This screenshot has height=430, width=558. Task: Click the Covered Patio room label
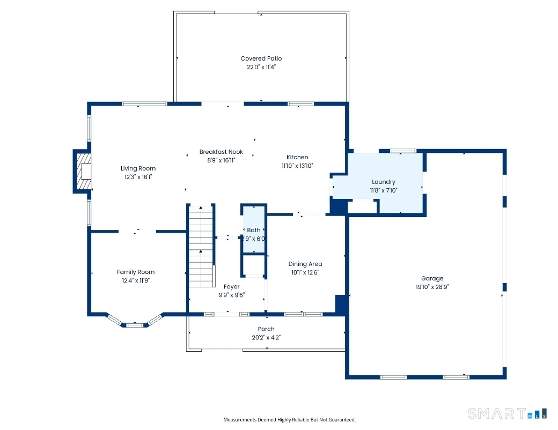tap(261, 58)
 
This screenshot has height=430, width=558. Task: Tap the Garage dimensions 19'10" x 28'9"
tap(432, 287)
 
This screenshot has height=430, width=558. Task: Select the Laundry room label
tap(383, 182)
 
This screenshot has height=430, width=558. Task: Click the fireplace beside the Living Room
tap(82, 172)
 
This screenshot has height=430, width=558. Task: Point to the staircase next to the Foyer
tap(201, 239)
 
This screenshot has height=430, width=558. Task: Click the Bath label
tap(254, 230)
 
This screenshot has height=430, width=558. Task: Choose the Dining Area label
tap(305, 264)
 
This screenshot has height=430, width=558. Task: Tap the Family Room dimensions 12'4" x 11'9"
tap(136, 280)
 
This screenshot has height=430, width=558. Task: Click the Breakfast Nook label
tap(221, 152)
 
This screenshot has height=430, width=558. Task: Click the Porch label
tap(266, 329)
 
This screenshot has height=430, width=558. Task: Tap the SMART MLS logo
tap(507, 413)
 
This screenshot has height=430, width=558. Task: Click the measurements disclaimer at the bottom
tap(289, 420)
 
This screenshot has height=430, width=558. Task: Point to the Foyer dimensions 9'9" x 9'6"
tap(231, 295)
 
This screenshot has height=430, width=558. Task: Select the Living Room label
tap(138, 168)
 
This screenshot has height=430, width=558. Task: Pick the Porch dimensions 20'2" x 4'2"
tap(266, 338)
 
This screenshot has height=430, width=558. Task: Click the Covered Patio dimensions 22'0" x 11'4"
tap(261, 67)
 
